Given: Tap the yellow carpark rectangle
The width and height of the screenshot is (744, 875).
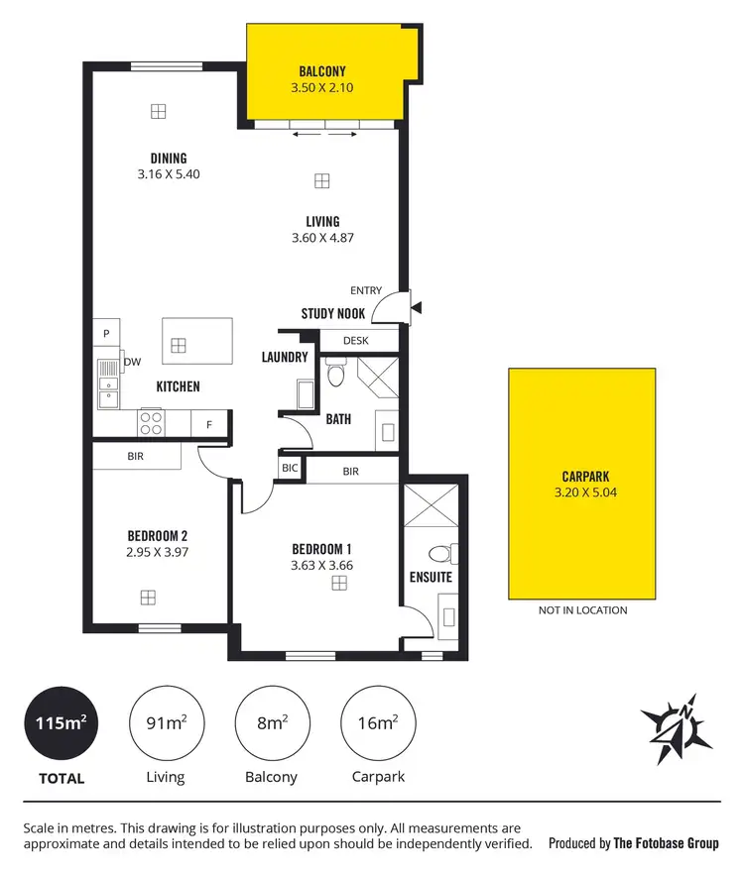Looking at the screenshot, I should [582, 484].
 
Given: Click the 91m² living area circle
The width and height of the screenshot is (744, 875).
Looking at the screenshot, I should [165, 723].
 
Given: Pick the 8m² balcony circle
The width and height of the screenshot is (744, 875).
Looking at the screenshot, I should [271, 723].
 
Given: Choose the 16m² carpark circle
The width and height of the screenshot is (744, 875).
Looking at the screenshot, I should [377, 723].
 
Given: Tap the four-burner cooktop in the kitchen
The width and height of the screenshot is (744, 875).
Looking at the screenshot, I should [151, 424].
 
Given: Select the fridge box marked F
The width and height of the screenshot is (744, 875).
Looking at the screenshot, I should [209, 424].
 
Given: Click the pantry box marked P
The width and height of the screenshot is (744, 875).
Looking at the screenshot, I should [105, 332].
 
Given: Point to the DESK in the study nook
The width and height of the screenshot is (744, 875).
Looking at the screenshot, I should [355, 340].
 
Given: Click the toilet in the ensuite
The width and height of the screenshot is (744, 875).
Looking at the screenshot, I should [439, 554].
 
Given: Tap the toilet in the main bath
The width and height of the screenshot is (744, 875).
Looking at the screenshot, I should [335, 376].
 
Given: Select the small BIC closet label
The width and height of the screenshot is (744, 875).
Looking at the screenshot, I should [291, 467].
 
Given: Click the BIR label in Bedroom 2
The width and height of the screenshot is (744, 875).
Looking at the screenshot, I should [136, 457].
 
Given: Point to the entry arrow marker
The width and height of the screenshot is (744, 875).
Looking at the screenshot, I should [417, 306].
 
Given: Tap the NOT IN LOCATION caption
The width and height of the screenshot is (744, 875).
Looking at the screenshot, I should [582, 610].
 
